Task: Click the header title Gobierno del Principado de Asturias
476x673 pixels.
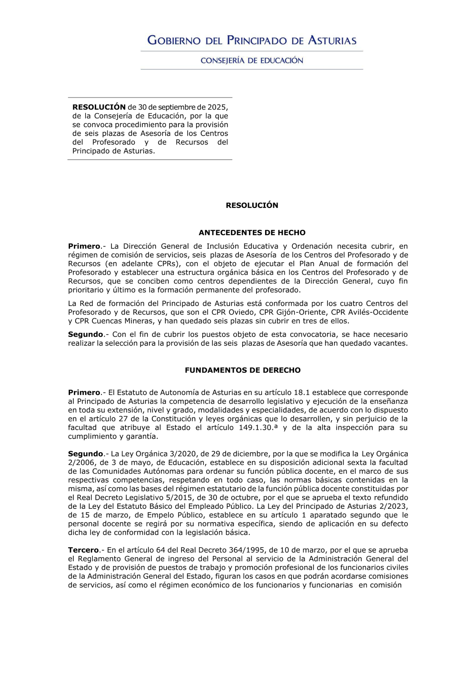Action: point(252,40)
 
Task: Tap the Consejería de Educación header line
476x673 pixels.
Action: point(252,60)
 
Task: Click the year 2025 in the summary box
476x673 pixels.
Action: point(217,107)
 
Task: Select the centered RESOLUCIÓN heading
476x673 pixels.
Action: point(252,205)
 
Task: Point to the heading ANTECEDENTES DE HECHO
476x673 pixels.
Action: point(252,233)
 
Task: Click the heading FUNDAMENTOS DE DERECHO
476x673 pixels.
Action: point(243,370)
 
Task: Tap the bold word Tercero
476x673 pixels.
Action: point(83,550)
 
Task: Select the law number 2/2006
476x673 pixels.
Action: point(81,462)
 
